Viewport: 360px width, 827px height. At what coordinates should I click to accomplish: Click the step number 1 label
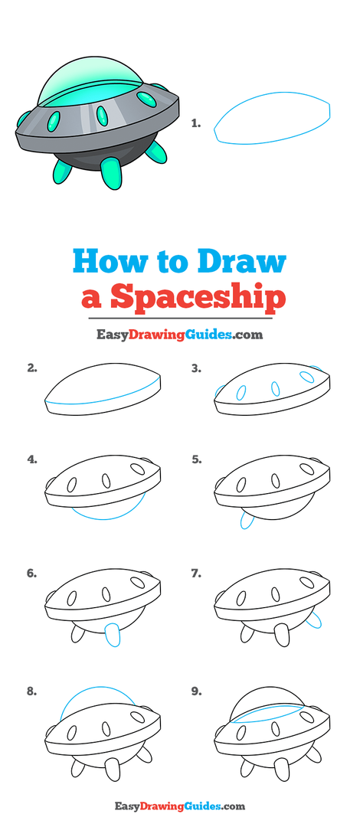pyautogui.click(x=196, y=124)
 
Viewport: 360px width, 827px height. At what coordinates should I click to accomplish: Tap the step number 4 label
pyautogui.click(x=32, y=459)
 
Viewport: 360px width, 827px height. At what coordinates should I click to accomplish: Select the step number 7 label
pyautogui.click(x=196, y=574)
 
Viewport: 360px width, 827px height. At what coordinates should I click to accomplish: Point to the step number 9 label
pyautogui.click(x=196, y=691)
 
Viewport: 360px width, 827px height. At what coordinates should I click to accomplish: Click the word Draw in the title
pyautogui.click(x=242, y=261)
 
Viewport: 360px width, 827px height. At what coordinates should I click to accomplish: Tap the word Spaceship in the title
pyautogui.click(x=198, y=298)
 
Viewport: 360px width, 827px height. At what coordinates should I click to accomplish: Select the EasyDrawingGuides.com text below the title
pyautogui.click(x=179, y=335)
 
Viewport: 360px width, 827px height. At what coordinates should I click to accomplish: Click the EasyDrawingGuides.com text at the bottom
pyautogui.click(x=179, y=806)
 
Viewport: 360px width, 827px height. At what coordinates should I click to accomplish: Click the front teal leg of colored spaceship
pyautogui.click(x=111, y=173)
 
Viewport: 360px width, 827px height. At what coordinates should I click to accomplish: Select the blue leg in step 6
pyautogui.click(x=113, y=636)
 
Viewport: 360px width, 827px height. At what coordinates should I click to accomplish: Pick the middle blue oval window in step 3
pyautogui.click(x=275, y=388)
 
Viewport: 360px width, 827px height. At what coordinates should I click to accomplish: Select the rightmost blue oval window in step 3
pyautogui.click(x=306, y=377)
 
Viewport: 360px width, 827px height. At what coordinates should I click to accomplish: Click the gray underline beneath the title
pyautogui.click(x=180, y=318)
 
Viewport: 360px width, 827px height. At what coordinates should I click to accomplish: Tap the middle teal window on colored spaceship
pyautogui.click(x=102, y=116)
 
